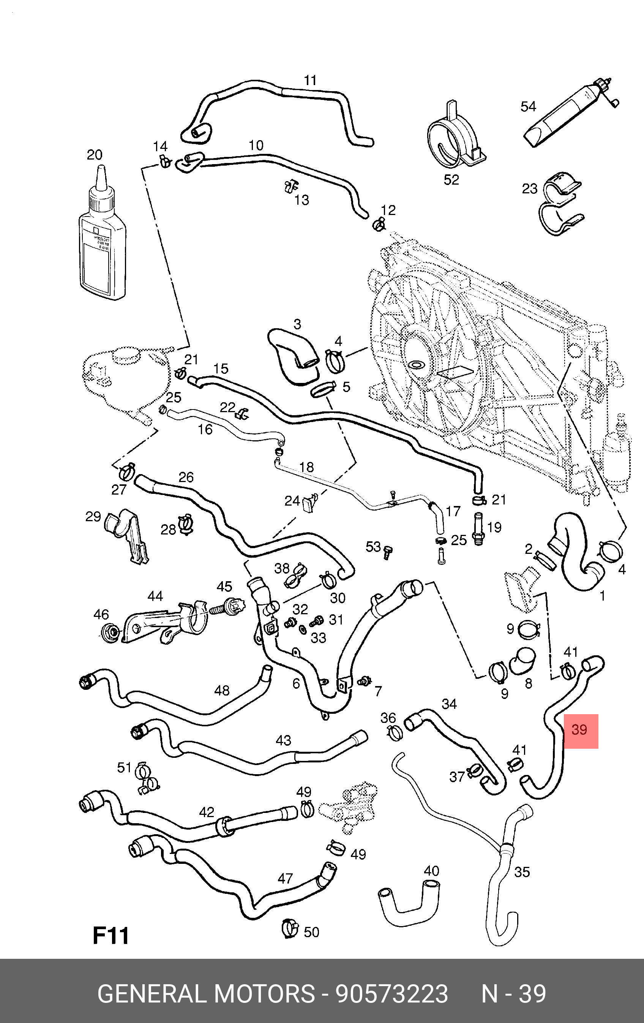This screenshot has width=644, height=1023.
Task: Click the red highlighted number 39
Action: pyautogui.click(x=580, y=730)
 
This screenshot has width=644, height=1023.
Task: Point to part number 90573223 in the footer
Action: pyautogui.click(x=391, y=993)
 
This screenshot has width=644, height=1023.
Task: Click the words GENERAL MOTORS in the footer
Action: pyautogui.click(x=206, y=993)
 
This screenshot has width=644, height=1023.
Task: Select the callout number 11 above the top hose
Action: pyautogui.click(x=310, y=80)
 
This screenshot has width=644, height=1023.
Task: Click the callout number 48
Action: pyautogui.click(x=222, y=690)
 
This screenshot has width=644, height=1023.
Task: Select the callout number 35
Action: pyautogui.click(x=522, y=872)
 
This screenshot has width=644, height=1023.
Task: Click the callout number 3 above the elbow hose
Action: pyautogui.click(x=297, y=324)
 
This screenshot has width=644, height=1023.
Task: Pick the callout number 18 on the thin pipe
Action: pyautogui.click(x=306, y=467)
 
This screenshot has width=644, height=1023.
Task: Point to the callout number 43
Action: pyautogui.click(x=283, y=740)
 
